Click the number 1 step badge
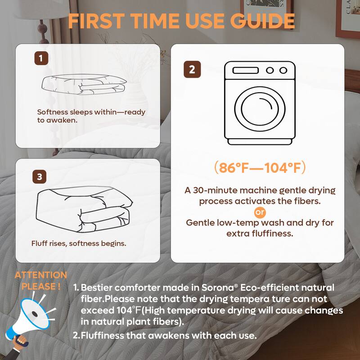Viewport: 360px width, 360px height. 41,58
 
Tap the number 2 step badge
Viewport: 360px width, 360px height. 192,69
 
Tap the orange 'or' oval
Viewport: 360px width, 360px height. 260,211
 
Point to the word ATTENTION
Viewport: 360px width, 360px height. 40,275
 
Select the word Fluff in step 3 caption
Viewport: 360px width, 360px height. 40,243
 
